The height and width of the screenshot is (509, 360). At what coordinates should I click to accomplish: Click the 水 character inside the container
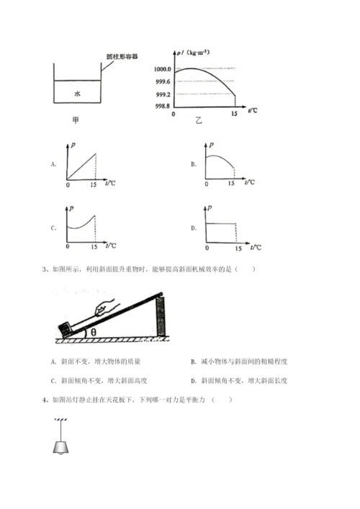pyautogui.click(x=76, y=93)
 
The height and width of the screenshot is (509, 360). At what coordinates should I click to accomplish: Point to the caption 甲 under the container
pyautogui.click(x=76, y=120)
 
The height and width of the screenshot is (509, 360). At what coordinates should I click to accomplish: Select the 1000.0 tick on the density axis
pyautogui.click(x=162, y=68)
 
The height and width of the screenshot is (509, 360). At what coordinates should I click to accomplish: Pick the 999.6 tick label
pyautogui.click(x=163, y=83)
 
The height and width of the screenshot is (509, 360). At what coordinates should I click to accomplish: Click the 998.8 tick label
pyautogui.click(x=163, y=105)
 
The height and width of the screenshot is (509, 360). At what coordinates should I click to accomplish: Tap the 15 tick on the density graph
pyautogui.click(x=233, y=114)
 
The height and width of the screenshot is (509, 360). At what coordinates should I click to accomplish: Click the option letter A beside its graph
pyautogui.click(x=54, y=164)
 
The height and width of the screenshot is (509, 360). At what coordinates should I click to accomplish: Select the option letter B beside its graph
pyautogui.click(x=194, y=164)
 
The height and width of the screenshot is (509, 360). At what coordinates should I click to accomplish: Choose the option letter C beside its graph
pyautogui.click(x=54, y=228)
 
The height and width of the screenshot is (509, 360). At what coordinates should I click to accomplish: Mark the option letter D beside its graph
pyautogui.click(x=194, y=228)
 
